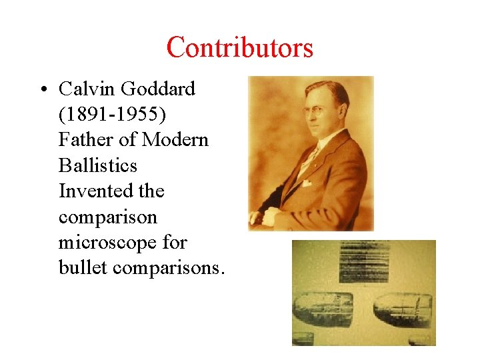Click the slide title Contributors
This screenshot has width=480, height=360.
point(239,48)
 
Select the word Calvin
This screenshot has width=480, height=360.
point(84,89)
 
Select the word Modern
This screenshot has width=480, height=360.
point(175,139)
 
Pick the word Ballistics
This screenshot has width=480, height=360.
point(97,165)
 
